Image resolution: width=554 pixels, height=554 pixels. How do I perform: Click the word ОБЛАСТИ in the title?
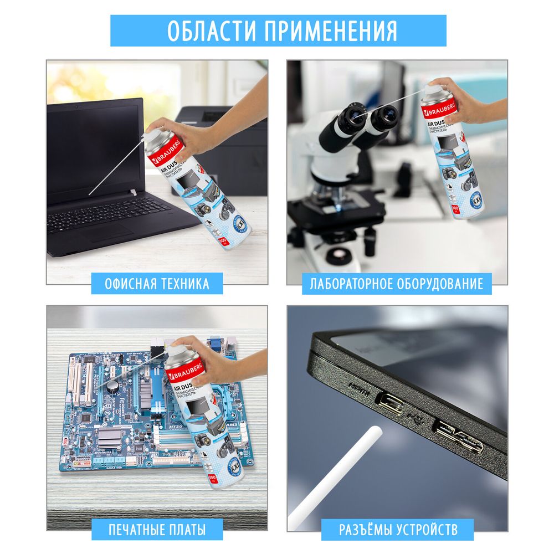pyautogui.click(x=212, y=30)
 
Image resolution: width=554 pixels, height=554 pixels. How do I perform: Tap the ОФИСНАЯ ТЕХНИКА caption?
pyautogui.click(x=157, y=284)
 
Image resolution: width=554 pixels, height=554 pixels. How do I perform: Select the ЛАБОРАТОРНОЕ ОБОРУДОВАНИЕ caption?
pyautogui.click(x=397, y=284)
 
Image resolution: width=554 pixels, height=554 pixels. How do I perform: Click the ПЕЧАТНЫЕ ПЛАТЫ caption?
pyautogui.click(x=157, y=530)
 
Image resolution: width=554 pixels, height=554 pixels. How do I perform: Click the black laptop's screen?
pyautogui.click(x=94, y=150)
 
